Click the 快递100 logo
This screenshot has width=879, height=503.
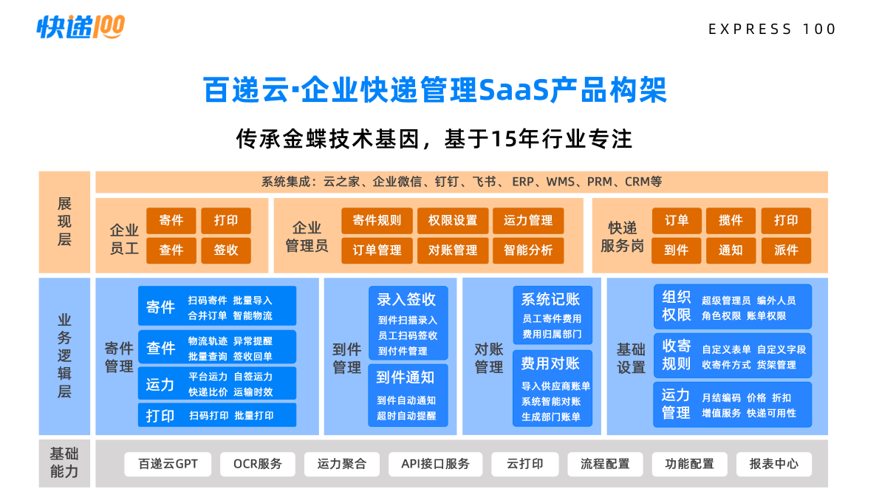[81, 27]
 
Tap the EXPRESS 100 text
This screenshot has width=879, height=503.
[772, 30]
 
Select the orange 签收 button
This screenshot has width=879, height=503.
[226, 250]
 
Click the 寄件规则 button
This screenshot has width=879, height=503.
[377, 220]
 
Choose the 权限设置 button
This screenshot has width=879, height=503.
[453, 220]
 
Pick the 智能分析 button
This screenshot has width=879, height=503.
[528, 250]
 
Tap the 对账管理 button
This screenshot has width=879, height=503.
[453, 250]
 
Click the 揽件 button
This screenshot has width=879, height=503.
[731, 220]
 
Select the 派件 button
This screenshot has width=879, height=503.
[786, 250]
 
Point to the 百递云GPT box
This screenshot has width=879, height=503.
[168, 464]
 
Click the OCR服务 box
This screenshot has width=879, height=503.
[258, 464]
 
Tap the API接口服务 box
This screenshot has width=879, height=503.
[435, 464]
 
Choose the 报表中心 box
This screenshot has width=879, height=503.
[773, 464]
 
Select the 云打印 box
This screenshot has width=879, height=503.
[524, 464]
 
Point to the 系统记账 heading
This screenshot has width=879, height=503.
[550, 299]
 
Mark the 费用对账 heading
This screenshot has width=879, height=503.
[550, 363]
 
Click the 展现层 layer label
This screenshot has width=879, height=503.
[64, 221]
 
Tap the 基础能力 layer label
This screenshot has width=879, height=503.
[64, 462]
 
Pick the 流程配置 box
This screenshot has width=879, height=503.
[605, 464]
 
